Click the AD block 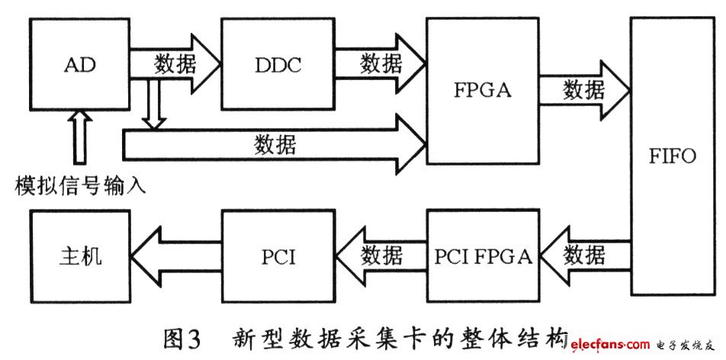(x=79, y=64)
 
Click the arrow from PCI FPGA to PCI (x=380, y=253)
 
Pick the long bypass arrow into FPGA (x=275, y=144)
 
